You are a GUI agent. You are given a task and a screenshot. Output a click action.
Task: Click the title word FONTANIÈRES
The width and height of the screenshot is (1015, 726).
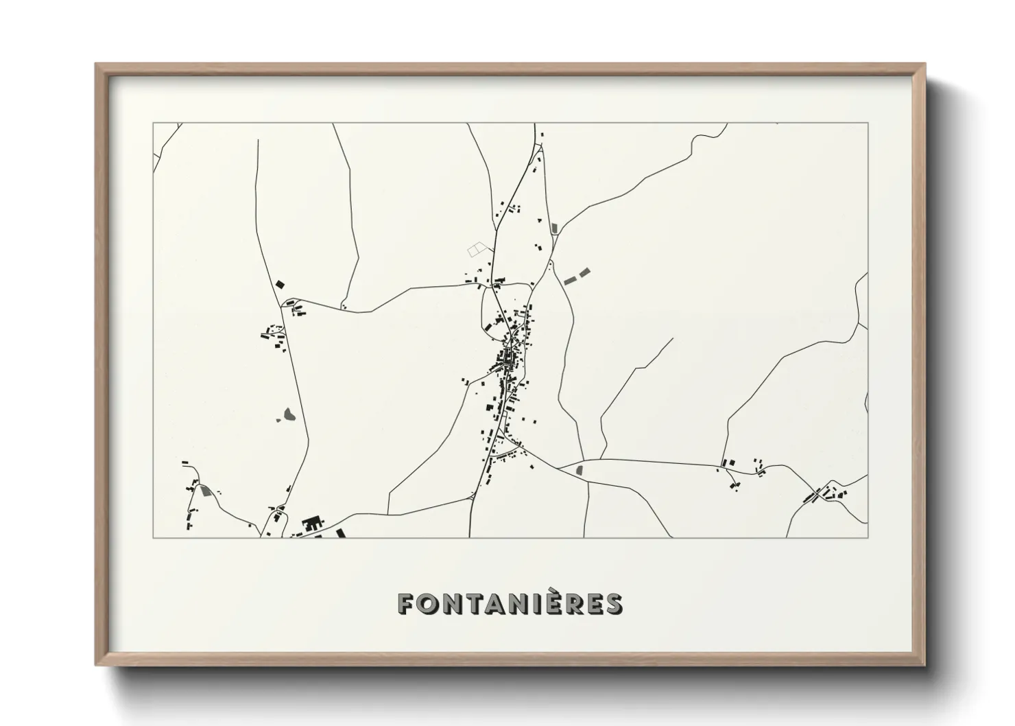(510, 604)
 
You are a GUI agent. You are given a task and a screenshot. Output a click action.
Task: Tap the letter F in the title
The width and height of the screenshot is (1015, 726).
(405, 604)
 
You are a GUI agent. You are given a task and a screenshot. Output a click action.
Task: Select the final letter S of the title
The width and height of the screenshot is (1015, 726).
(614, 604)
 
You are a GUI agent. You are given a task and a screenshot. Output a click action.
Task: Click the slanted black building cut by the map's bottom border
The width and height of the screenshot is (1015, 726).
(340, 532)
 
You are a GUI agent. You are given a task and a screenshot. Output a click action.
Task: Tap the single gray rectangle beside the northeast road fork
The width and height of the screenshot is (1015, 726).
(555, 226)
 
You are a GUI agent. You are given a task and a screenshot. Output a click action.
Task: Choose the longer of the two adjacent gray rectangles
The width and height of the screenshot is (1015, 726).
(569, 280)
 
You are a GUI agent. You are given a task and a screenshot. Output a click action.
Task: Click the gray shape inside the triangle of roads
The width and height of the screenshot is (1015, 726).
(580, 470)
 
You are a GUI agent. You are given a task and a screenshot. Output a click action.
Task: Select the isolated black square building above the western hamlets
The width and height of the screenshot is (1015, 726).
(279, 283)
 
